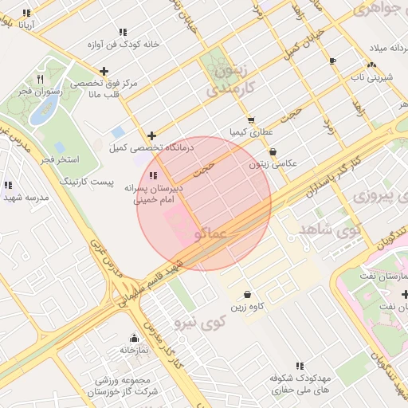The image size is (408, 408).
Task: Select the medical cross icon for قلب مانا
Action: tap(104, 71)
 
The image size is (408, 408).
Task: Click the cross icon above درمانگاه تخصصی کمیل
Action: tap(151, 135)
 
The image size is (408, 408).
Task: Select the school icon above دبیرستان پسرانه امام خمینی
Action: tap(153, 175)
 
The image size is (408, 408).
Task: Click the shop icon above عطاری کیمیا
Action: tap(251, 120)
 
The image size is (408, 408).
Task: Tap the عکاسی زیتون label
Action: tap(273, 163)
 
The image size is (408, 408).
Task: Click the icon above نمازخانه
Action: tap(134, 338)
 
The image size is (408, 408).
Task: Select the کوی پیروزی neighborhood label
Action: tap(374, 195)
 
